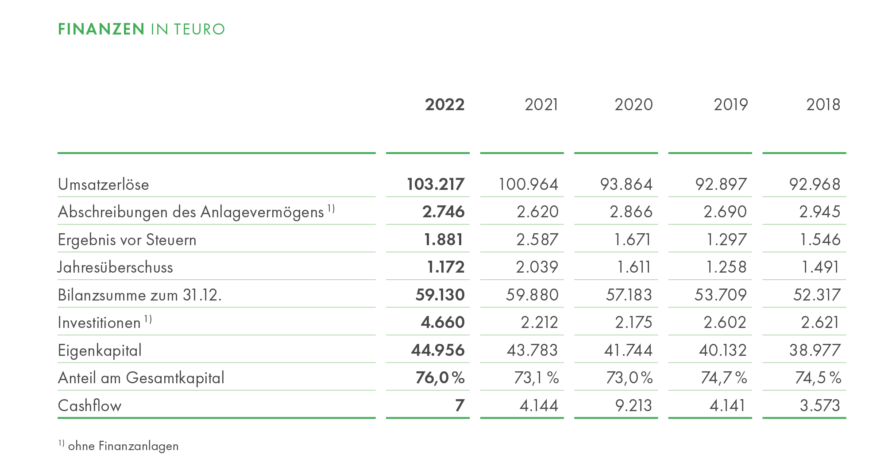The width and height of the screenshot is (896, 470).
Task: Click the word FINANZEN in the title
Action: click(x=101, y=29)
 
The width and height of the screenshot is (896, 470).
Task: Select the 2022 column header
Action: click(x=445, y=104)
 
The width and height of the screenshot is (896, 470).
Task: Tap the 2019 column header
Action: click(x=731, y=104)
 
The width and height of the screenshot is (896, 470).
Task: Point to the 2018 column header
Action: click(x=823, y=104)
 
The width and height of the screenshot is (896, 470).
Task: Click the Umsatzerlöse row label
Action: click(x=104, y=184)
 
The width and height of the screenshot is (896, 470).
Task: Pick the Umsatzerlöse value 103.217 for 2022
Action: click(x=436, y=184)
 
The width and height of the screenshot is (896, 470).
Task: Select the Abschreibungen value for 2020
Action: click(x=631, y=212)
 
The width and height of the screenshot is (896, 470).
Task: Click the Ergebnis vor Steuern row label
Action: click(x=127, y=239)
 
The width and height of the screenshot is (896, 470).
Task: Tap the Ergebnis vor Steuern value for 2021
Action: click(x=537, y=239)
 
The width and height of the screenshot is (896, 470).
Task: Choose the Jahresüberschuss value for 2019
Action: click(x=726, y=267)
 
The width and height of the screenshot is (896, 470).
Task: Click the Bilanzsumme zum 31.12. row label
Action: click(x=140, y=295)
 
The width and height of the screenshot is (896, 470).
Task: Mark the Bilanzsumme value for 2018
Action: click(x=817, y=295)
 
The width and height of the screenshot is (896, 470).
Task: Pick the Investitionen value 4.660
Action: click(x=443, y=322)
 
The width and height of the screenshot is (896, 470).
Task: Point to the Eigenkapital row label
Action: click(x=100, y=350)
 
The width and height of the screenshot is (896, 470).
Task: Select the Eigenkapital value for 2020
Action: click(x=629, y=350)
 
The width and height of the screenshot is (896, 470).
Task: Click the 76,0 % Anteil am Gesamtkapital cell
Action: click(x=440, y=378)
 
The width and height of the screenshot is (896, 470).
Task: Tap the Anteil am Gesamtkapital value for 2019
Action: click(x=724, y=378)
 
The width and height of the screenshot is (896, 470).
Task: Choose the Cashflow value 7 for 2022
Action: click(x=460, y=405)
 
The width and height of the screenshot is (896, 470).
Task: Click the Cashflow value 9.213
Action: click(x=633, y=405)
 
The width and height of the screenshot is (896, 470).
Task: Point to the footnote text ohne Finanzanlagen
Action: click(x=124, y=446)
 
